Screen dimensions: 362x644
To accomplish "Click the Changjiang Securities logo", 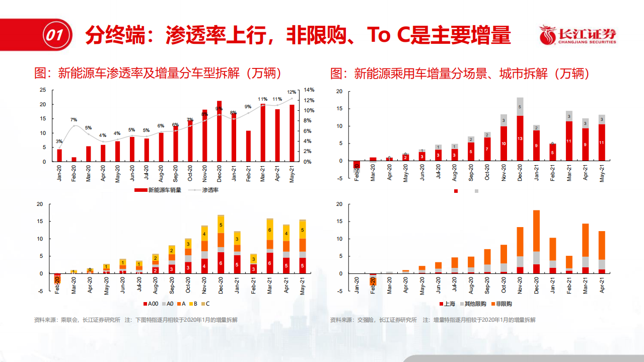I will click(578, 35).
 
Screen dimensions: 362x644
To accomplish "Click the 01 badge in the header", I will click(54, 35).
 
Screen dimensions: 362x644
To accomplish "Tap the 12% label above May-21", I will click(292, 92).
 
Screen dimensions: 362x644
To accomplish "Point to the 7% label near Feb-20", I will click(74, 120).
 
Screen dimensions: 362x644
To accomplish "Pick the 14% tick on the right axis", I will click(309, 90).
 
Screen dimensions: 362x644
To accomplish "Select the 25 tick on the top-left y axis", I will click(43, 90).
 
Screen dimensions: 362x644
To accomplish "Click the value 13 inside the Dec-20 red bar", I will click(519, 138).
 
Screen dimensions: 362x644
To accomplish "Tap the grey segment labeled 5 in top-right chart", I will click(519, 107).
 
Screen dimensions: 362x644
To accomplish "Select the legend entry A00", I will click(151, 304).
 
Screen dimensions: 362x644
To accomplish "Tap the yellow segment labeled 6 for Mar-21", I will click(270, 230).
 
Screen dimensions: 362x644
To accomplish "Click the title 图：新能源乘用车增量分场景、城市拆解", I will click(459, 74).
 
